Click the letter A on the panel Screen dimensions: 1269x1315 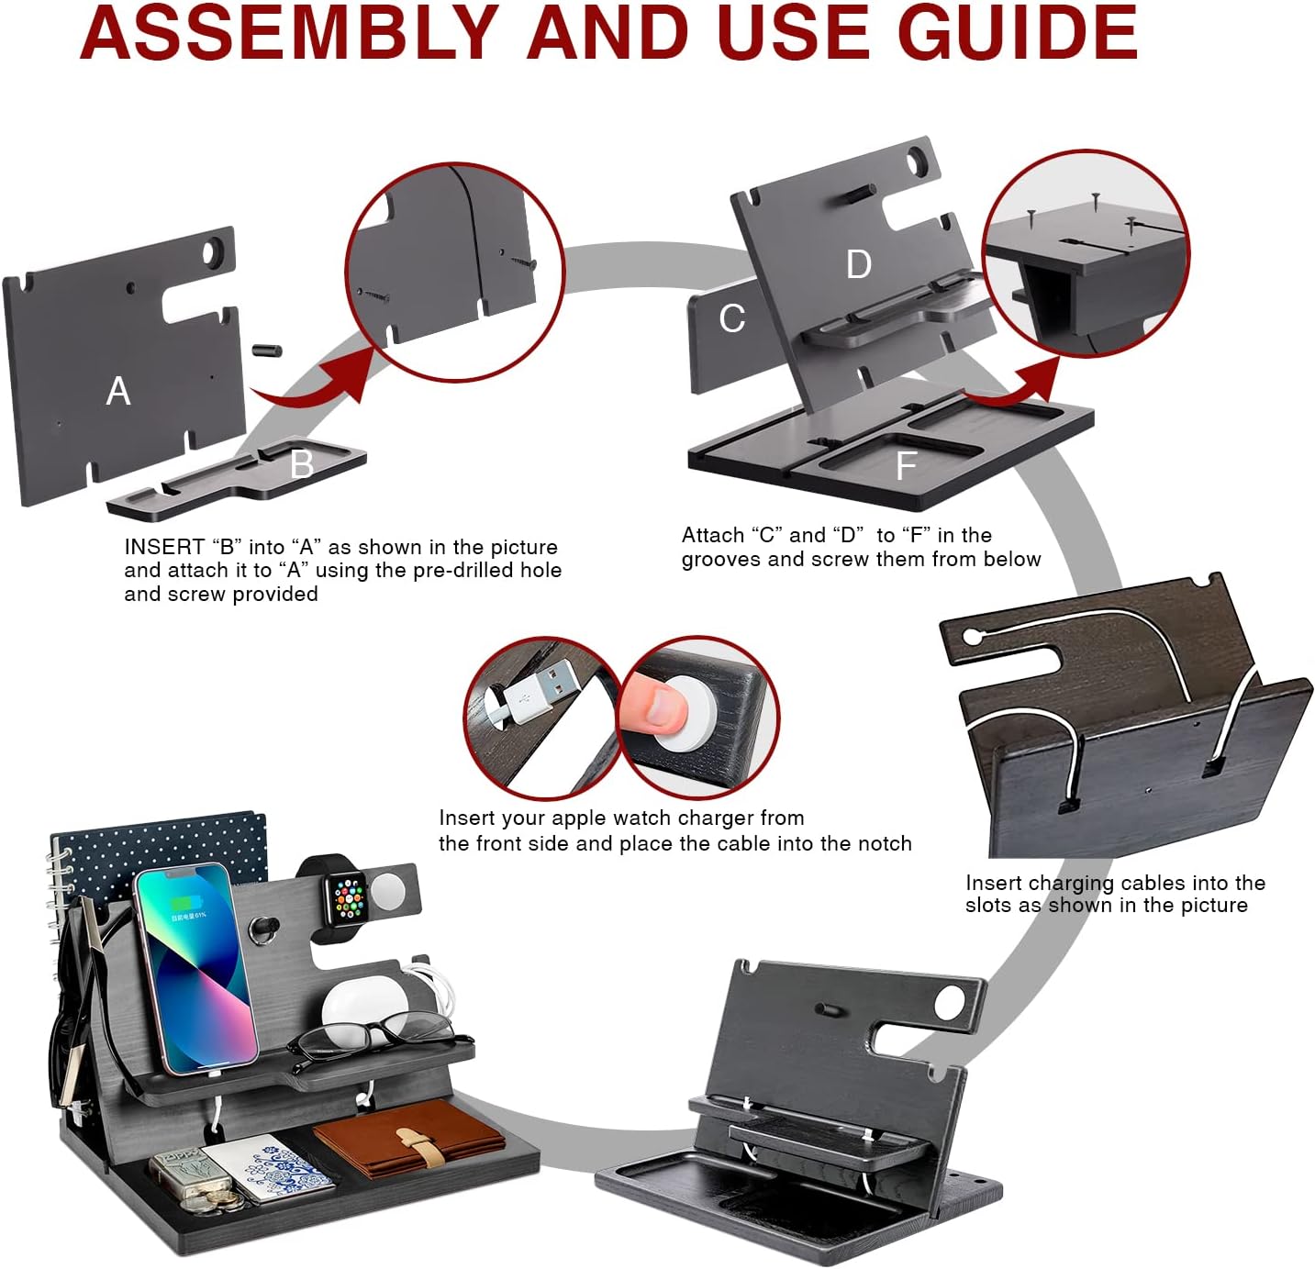coord(117,392)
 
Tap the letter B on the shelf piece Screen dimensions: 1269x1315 coord(301,465)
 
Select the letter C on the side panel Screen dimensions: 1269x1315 coord(731,318)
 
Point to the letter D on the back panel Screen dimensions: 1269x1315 coord(858,264)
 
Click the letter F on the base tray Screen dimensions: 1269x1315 coord(906,466)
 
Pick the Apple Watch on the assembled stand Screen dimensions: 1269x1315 coord(349,896)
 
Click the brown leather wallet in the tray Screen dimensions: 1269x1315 coord(408,1138)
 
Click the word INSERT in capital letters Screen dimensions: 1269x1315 coord(164,547)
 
